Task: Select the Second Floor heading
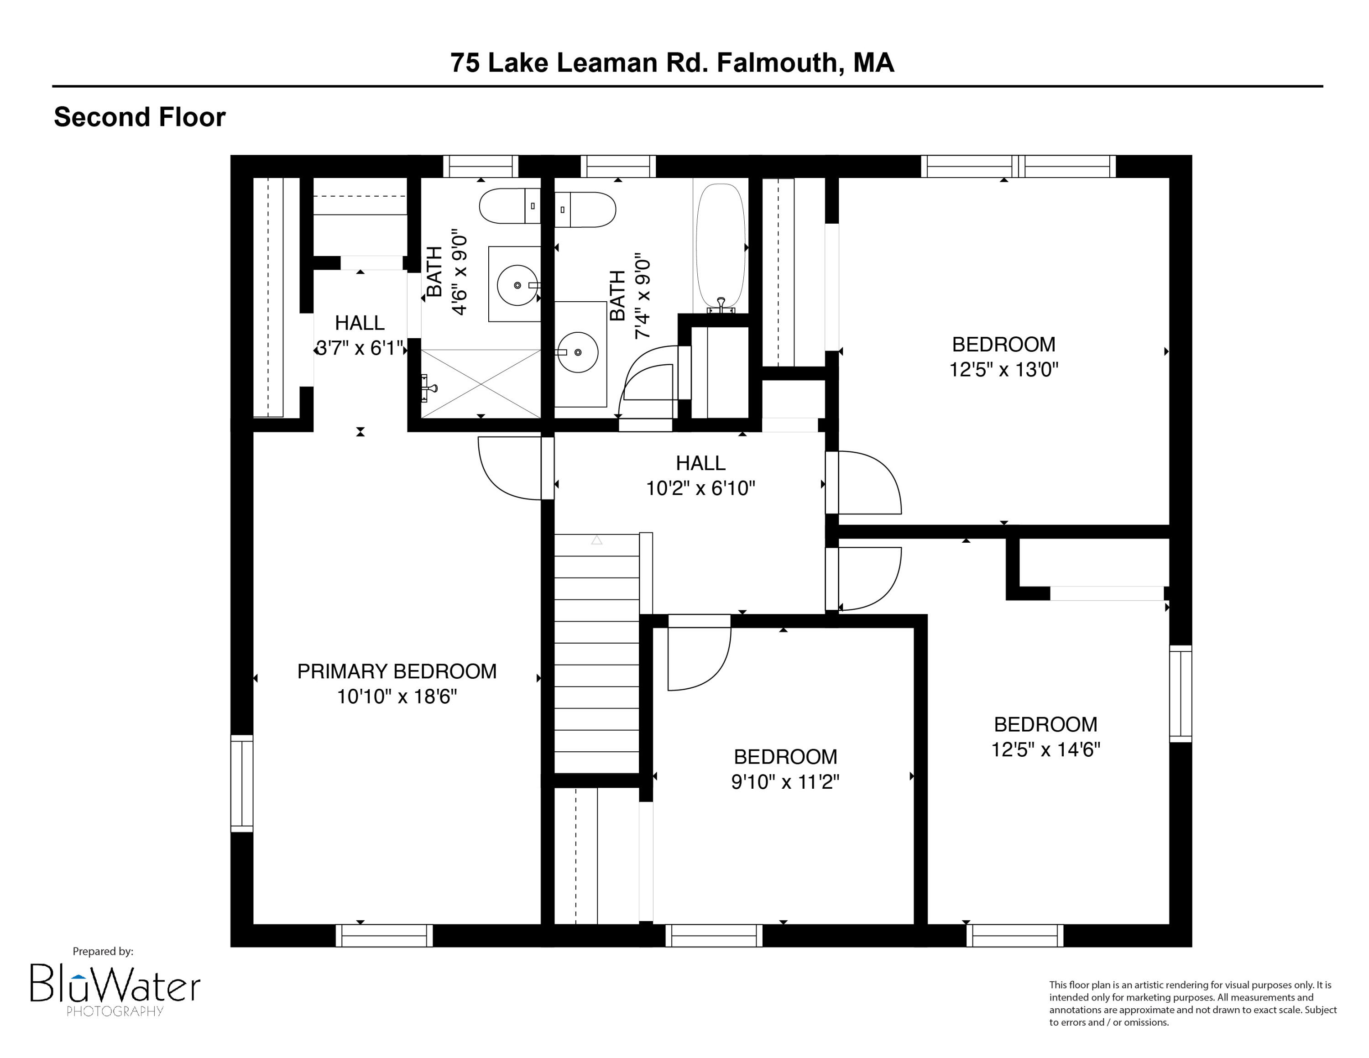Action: (x=139, y=117)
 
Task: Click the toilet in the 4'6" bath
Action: (x=508, y=205)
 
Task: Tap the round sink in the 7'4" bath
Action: (x=577, y=352)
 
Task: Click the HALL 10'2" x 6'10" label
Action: (x=700, y=475)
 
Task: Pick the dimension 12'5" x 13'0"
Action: (x=1003, y=370)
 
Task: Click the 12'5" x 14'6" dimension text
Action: (x=1045, y=749)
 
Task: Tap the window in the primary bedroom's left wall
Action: (x=241, y=784)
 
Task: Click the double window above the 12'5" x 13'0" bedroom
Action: (x=1018, y=167)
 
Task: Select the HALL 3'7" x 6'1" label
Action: (x=359, y=335)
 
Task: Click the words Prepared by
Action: (x=103, y=952)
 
